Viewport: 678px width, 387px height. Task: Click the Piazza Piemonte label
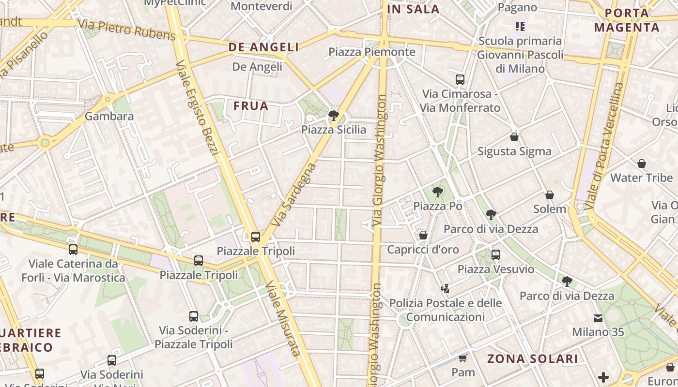372,52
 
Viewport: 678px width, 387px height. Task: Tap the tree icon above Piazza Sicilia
333,115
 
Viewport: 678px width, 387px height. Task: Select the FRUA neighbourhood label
251,106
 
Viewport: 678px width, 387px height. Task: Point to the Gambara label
109,116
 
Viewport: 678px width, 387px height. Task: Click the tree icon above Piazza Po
438,192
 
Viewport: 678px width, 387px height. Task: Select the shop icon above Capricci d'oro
423,235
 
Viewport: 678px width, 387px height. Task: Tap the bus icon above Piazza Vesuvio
496,255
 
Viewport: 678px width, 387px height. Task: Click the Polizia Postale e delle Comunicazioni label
446,310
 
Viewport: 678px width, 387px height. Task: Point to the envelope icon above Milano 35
598,318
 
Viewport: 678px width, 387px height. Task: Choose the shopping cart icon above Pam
463,358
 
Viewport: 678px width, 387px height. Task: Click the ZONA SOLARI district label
532,358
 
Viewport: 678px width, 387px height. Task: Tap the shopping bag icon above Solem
550,195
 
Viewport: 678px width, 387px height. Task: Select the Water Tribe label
641,178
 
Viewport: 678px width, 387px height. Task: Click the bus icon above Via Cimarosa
460,80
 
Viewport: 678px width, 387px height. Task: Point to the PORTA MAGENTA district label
627,20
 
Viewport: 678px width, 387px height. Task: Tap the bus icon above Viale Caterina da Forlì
73,250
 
